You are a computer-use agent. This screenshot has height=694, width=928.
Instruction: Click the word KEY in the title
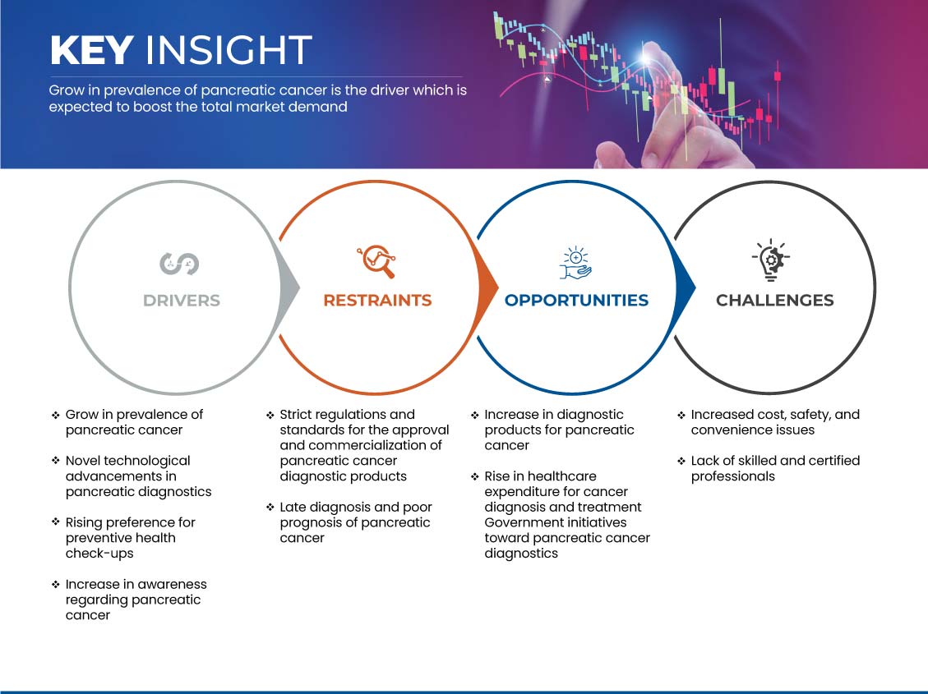pyautogui.click(x=91, y=49)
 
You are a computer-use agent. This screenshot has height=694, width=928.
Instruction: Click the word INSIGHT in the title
pyautogui.click(x=229, y=49)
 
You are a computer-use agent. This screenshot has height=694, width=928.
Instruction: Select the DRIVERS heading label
pyautogui.click(x=182, y=301)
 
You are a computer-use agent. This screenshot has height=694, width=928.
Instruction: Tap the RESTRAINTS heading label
pyautogui.click(x=377, y=301)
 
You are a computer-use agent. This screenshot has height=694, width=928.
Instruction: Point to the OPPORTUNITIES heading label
pyautogui.click(x=576, y=301)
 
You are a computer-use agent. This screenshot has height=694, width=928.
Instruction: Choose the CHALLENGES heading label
pyautogui.click(x=775, y=301)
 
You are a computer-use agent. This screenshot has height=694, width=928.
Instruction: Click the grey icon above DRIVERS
pyautogui.click(x=179, y=264)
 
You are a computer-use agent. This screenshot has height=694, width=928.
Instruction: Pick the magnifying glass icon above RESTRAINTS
pyautogui.click(x=376, y=261)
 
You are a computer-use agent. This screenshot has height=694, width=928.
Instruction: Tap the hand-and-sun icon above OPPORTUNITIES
pyautogui.click(x=576, y=263)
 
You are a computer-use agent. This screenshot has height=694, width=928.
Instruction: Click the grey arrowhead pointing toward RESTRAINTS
pyautogui.click(x=290, y=288)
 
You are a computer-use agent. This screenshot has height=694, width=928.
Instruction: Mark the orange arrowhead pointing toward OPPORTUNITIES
pyautogui.click(x=488, y=288)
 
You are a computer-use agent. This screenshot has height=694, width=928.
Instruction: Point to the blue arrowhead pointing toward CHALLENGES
pyautogui.click(x=686, y=288)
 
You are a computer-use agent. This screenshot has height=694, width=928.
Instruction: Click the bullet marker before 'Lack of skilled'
pyautogui.click(x=681, y=461)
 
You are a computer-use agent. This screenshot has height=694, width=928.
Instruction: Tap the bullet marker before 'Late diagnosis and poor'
pyautogui.click(x=270, y=508)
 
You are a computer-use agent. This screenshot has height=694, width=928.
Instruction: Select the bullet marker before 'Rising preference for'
pyautogui.click(x=56, y=522)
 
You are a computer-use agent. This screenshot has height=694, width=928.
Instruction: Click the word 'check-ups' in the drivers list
pyautogui.click(x=99, y=554)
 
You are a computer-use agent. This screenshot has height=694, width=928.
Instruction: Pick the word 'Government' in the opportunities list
pyautogui.click(x=515, y=522)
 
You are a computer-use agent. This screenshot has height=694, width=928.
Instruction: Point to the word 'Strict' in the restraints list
pyautogui.click(x=297, y=415)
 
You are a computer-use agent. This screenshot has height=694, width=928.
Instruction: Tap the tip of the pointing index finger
pyautogui.click(x=651, y=50)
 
